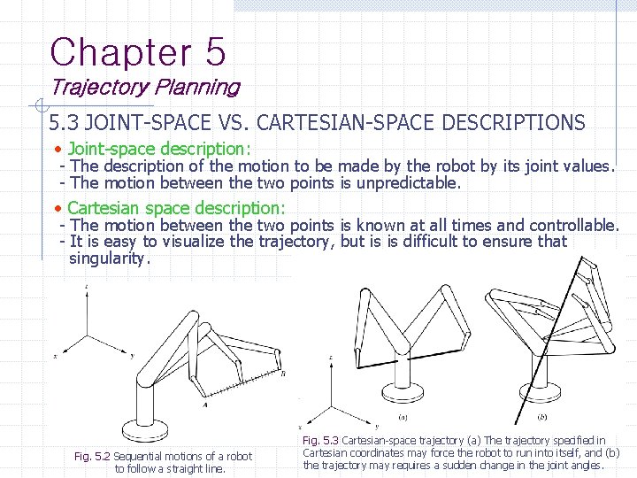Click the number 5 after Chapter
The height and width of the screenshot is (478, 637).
tap(215, 52)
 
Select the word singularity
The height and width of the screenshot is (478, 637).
tap(110, 258)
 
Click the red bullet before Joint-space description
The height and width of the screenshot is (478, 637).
tap(57, 149)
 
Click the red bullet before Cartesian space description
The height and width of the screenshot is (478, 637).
tap(57, 208)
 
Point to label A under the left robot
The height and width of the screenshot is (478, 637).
tap(204, 404)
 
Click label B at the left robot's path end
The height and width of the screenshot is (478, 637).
tap(283, 374)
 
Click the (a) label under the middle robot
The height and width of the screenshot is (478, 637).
tap(403, 417)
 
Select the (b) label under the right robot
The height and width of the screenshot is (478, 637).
tap(541, 417)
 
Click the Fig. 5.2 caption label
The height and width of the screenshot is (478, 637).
tap(92, 457)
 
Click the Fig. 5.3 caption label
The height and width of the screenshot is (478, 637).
tap(320, 440)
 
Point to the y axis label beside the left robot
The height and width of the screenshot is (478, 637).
tap(132, 355)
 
